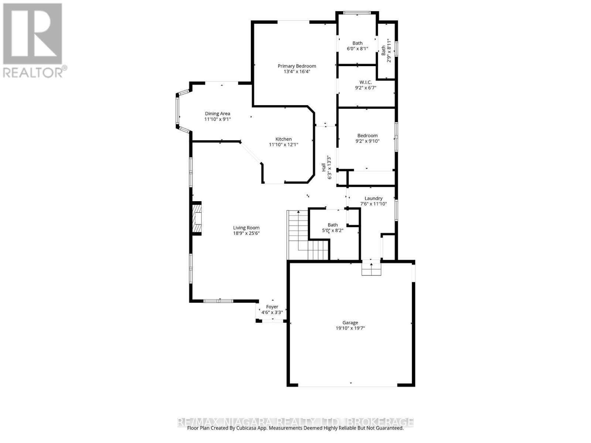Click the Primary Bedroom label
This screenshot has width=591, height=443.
click(297, 66)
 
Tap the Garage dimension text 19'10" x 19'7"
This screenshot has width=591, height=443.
click(350, 328)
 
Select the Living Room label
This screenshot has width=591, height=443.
click(246, 228)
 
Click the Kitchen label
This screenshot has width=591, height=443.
click(283, 139)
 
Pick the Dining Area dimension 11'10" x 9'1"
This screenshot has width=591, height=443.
click(218, 119)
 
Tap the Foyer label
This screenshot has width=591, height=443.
click(272, 307)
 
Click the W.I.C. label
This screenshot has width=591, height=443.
click(365, 82)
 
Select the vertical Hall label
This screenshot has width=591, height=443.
click(324, 167)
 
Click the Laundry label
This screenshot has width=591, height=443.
click(373, 198)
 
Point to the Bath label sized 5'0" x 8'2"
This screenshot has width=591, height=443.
click(333, 225)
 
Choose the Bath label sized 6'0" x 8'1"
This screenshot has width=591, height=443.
click(357, 43)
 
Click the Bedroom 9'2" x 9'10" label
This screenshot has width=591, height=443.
click(367, 135)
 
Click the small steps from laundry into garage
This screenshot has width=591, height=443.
click(371, 268)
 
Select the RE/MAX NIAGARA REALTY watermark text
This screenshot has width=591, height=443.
click(295, 422)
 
